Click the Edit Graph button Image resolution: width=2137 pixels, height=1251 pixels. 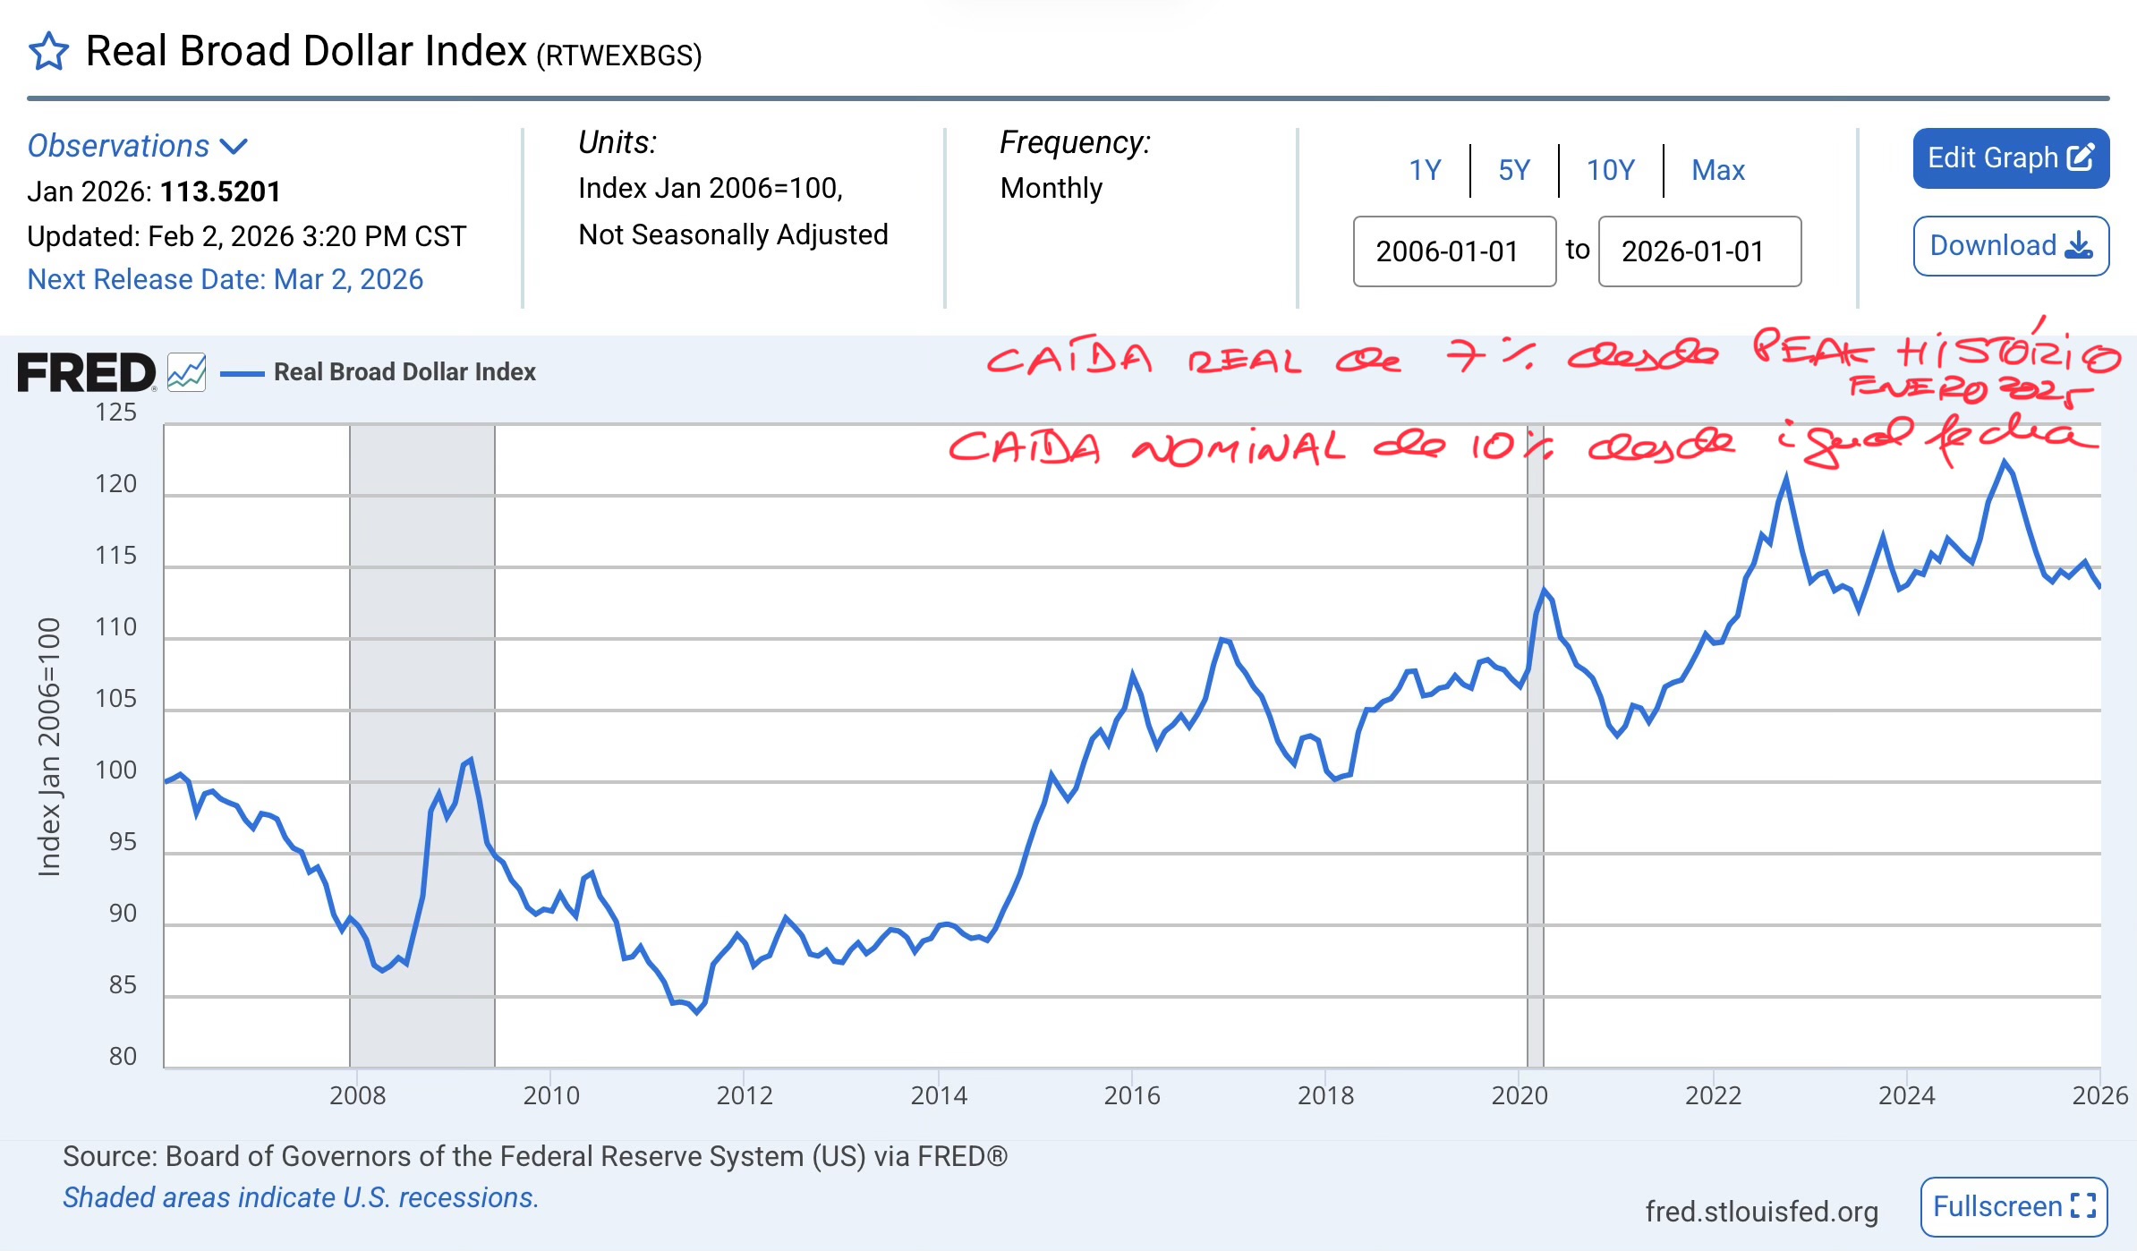[x=2010, y=158]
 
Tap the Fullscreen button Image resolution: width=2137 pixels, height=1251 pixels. [x=2014, y=1206]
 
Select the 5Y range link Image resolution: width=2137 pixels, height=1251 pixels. [x=1514, y=170]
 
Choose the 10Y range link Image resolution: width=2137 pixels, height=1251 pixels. [x=1610, y=170]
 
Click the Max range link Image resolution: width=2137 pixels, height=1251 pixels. [x=1717, y=170]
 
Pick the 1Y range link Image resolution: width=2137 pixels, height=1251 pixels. [x=1426, y=170]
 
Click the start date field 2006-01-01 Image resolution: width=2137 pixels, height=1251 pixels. [x=1454, y=251]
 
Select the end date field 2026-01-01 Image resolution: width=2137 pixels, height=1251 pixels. [x=1699, y=251]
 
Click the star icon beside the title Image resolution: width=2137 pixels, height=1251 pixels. [x=48, y=52]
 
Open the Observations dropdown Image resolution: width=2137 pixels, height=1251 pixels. [x=137, y=146]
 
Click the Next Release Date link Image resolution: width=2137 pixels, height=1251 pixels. [x=225, y=279]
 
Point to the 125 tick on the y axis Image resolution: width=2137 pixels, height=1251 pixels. [x=116, y=413]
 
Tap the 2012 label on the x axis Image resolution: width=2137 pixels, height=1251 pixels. [x=745, y=1095]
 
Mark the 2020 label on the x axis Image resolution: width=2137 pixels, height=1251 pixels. [x=1520, y=1095]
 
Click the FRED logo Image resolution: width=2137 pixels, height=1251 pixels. [x=87, y=372]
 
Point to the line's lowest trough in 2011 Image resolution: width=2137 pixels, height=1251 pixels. [x=697, y=1012]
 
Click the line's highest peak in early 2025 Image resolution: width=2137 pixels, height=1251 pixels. [x=2004, y=462]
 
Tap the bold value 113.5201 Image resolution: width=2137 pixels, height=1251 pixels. [x=220, y=191]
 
